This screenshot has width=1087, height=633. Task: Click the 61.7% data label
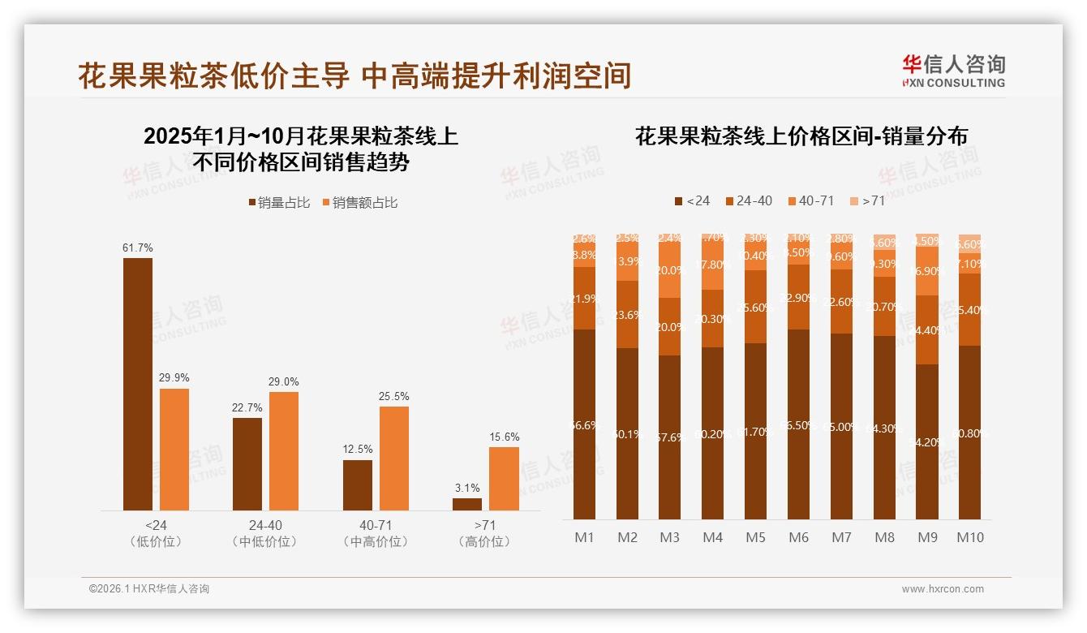pos(138,248)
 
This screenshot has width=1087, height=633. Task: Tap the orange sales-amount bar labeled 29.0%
pos(284,451)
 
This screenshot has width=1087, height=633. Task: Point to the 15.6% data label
pos(504,437)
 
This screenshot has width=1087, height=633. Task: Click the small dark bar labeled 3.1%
pos(467,504)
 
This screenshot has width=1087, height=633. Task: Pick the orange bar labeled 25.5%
pos(394,458)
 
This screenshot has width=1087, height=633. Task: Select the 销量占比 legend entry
pos(279,203)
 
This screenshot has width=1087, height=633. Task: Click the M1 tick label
pos(584,537)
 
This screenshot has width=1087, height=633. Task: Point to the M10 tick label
pos(969,537)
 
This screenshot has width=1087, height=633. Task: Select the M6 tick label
pos(798,537)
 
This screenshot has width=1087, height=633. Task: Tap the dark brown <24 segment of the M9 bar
pos(927,441)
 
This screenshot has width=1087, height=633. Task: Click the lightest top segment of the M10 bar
pos(969,243)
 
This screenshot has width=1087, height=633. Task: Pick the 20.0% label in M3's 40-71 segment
pos(670,271)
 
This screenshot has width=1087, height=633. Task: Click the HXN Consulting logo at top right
pos(953,71)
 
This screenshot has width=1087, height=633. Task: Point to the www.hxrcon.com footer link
pos(943,589)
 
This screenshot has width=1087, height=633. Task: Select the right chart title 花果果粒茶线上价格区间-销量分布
pos(801,136)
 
